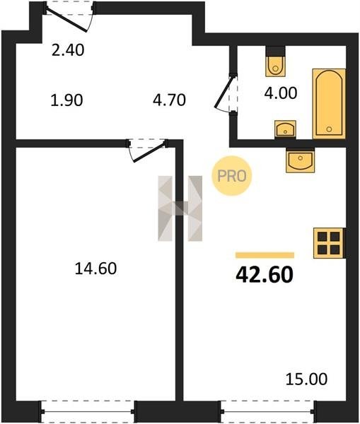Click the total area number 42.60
(x=265, y=275)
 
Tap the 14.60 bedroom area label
(x=95, y=269)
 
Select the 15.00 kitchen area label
(x=306, y=379)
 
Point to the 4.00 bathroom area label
(x=281, y=93)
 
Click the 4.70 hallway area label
(x=169, y=100)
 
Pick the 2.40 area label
(x=68, y=50)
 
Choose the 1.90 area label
(x=66, y=100)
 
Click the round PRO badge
(x=232, y=176)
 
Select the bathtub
(x=329, y=104)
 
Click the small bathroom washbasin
(x=285, y=129)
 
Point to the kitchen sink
(x=300, y=160)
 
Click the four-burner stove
(x=330, y=243)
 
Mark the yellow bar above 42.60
(x=265, y=255)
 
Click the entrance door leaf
(x=66, y=20)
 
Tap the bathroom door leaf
(x=223, y=92)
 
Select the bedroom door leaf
(x=149, y=153)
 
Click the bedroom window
(x=88, y=412)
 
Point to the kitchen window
(x=267, y=412)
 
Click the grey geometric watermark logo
(x=180, y=208)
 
